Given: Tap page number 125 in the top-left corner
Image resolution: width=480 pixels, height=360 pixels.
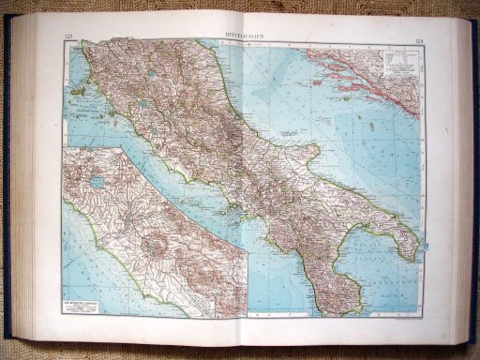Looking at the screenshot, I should click(x=68, y=37).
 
